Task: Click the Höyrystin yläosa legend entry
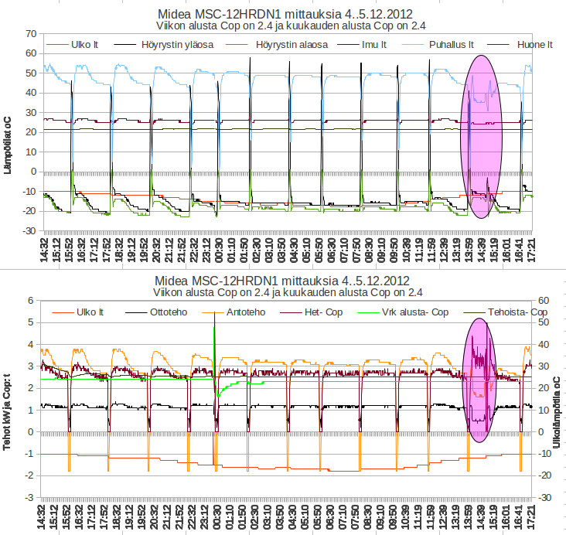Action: pos(175,45)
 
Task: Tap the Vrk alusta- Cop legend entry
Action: pos(414,312)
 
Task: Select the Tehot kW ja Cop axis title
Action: pos(7,400)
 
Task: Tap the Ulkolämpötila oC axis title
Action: pos(557,400)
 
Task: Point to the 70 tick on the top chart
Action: pos(31,34)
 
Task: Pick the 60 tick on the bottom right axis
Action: pos(544,301)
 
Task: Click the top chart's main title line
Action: pos(284,14)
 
